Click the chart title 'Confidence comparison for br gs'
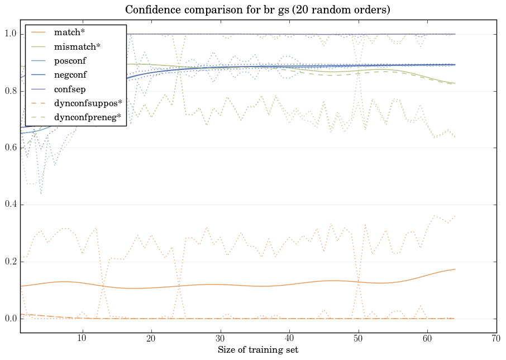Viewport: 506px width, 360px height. (257, 10)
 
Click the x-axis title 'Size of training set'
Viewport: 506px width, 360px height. (257, 350)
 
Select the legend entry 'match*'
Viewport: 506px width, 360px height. (65, 32)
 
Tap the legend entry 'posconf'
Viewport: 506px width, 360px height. (70, 60)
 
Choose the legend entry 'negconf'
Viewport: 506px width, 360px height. (70, 74)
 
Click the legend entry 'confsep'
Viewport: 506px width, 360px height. (69, 89)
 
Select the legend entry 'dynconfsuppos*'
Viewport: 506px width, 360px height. (88, 103)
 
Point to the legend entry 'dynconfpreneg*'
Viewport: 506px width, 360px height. (88, 117)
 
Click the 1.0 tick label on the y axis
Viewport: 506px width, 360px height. (10, 34)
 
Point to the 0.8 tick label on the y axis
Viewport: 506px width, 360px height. (10, 91)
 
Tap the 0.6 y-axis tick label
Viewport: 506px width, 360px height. (10, 148)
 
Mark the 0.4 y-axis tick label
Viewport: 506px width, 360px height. (10, 205)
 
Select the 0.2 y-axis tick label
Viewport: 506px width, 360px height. (10, 262)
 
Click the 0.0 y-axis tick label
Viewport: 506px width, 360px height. (10, 319)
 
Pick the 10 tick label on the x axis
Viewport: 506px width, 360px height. (82, 339)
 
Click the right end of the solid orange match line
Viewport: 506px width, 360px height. (455, 269)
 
